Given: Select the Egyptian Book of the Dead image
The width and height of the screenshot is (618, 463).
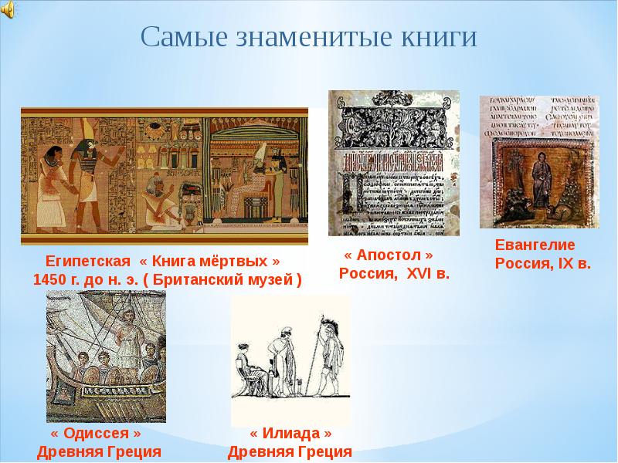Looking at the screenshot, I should coord(164,175).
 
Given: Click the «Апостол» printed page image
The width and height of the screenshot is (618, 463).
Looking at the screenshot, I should coord(393,163).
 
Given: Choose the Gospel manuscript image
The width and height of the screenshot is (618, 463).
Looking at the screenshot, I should coord(538,161).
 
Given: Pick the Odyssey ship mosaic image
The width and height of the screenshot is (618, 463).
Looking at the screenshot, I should coord(106,357).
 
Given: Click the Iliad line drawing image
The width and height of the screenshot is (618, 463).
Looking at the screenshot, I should coord(290,360).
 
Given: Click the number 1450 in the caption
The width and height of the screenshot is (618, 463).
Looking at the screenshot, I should coord(51,279).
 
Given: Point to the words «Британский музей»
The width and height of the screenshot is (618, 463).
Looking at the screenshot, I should coord(232,279).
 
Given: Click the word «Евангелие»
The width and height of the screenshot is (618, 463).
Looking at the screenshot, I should coord(535,245).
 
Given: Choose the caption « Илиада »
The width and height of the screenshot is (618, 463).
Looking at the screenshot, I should coord(290,434).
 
